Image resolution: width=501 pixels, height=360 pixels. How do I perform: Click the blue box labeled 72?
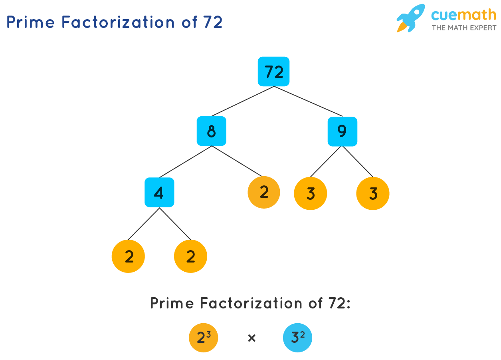(273, 72)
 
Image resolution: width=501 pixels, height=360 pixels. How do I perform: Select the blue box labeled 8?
(211, 131)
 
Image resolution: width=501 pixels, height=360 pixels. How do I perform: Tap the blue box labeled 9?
(342, 131)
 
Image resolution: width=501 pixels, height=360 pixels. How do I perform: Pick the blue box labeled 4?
(159, 193)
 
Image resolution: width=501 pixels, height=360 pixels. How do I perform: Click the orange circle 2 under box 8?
(264, 192)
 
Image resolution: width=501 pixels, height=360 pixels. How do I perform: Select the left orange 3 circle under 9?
(311, 193)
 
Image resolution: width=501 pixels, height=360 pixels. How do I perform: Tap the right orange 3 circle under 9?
(373, 193)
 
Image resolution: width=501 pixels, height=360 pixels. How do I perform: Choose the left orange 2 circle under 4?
(128, 257)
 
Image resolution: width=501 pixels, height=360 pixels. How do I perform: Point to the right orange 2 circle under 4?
(190, 257)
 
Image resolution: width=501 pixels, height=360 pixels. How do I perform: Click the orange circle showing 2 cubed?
(204, 338)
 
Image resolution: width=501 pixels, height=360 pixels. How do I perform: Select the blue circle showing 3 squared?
(297, 338)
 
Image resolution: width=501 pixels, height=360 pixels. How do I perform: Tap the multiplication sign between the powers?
(251, 338)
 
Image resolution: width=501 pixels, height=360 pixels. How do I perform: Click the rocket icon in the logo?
(410, 18)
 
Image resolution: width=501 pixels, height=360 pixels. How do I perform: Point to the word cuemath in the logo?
(463, 15)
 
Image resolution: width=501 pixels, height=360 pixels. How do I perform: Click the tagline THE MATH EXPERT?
(464, 28)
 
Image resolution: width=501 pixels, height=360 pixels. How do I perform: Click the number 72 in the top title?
(210, 22)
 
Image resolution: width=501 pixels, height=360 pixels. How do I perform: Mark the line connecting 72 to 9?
(308, 101)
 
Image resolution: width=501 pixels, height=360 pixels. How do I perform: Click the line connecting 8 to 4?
(185, 162)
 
